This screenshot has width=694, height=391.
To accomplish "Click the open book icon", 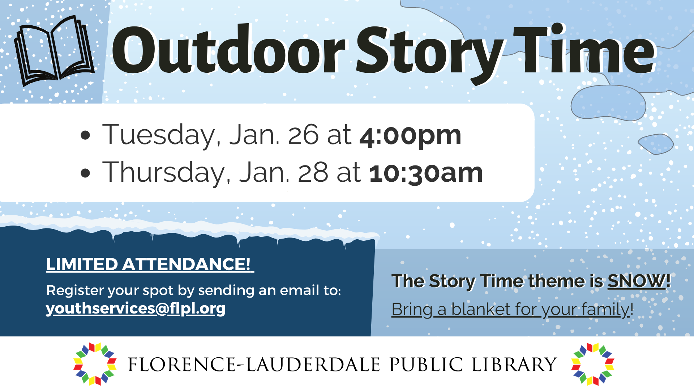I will (54, 51).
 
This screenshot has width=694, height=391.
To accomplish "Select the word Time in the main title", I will (584, 51).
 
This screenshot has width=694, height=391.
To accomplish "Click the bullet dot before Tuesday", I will (85, 135).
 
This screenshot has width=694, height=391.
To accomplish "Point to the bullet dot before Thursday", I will (85, 173).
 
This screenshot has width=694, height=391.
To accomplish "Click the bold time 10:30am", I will (426, 173).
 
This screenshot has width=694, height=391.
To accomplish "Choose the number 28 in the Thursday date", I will (313, 173).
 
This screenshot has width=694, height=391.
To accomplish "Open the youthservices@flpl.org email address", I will (136, 308).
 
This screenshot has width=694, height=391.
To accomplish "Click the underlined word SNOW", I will (636, 281).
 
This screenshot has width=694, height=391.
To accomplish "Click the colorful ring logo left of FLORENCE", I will (95, 364).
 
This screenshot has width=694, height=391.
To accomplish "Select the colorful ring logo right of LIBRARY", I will (593, 364).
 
